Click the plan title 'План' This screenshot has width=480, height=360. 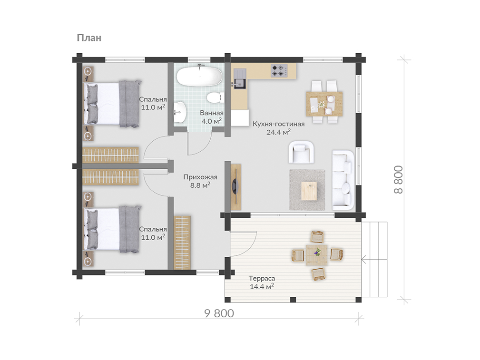click(x=89, y=38)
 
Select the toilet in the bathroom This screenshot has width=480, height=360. click(x=215, y=98)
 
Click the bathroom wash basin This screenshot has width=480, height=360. click(x=180, y=112)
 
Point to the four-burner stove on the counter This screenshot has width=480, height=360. click(x=279, y=70)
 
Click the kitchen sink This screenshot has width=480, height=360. click(x=240, y=79)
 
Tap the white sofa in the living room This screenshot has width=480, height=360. click(x=343, y=180)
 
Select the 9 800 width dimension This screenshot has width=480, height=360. click(x=219, y=313)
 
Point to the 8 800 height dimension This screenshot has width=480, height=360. click(x=398, y=179)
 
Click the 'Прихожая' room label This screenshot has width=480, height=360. click(x=200, y=177)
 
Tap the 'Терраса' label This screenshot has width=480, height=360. click(x=262, y=278)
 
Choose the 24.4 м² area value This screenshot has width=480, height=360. click(x=278, y=132)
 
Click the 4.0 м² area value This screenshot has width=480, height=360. click(x=212, y=121)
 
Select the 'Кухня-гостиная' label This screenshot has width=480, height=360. click(x=279, y=124)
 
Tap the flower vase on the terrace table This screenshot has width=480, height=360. click(x=317, y=252)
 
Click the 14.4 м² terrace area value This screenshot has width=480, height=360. click(x=262, y=287)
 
